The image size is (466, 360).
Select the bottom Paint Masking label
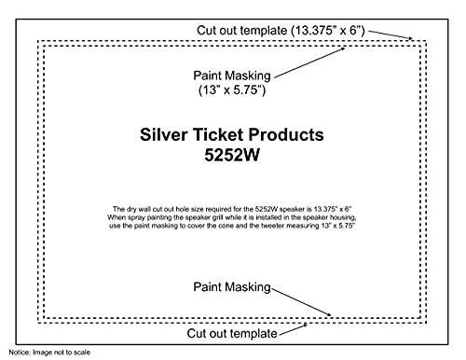[x=231, y=286]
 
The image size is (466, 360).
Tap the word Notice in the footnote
[x=18, y=353]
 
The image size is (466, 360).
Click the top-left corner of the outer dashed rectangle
[x=37, y=39]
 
